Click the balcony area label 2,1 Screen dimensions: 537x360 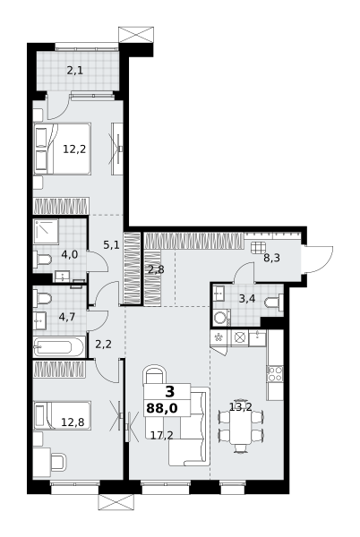click(x=76, y=70)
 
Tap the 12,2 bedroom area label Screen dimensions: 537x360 click(x=74, y=149)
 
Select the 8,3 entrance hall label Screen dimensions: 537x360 click(x=272, y=258)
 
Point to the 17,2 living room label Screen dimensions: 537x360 click(x=160, y=435)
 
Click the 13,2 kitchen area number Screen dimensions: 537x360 click(x=240, y=406)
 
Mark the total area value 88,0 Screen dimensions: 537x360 click(x=161, y=408)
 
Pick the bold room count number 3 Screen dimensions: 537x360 click(x=170, y=391)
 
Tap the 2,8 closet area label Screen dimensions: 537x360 click(x=156, y=269)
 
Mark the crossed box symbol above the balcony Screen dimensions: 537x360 click(x=136, y=34)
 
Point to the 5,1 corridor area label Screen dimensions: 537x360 click(x=111, y=244)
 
